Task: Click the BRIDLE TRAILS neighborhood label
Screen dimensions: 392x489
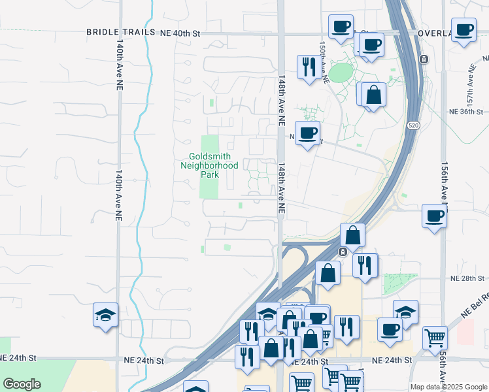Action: click(122, 32)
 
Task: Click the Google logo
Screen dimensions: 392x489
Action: click(22, 384)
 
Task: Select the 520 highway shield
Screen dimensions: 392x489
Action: click(413, 124)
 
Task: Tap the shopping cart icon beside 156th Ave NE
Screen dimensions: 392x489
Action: click(435, 338)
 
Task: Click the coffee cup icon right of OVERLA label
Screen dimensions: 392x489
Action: click(464, 29)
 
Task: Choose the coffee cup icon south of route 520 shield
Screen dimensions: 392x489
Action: click(433, 216)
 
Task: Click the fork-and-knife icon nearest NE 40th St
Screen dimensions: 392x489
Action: click(308, 67)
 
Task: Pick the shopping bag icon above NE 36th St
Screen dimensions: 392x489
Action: click(373, 95)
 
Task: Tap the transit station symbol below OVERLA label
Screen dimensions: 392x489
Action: click(424, 59)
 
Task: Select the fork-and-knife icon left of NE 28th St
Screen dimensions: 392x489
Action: click(365, 265)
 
